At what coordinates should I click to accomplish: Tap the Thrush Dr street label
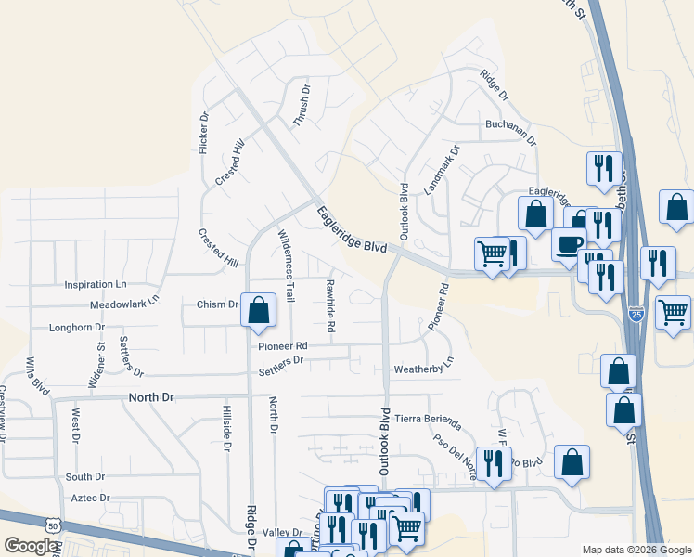302,106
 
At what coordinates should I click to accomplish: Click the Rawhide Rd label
329,305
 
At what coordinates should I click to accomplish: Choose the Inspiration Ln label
95,284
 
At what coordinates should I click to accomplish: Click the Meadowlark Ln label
125,303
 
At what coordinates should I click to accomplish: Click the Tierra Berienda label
428,419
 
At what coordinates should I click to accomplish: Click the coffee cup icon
568,244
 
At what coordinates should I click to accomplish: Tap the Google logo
30,546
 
